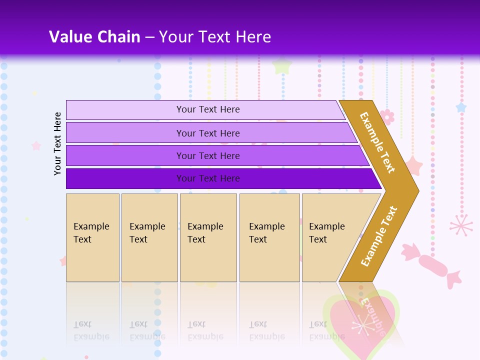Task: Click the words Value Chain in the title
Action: [94, 37]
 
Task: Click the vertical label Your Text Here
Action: [57, 143]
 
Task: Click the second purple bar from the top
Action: [208, 133]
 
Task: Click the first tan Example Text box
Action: [92, 237]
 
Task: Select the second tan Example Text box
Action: [149, 237]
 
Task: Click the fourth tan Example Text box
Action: [269, 237]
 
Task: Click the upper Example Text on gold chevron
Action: [377, 142]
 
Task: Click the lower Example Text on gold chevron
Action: [378, 236]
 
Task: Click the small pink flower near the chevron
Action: [387, 116]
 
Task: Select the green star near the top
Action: [282, 65]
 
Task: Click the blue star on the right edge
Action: [460, 107]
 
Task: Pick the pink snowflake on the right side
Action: [461, 225]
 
